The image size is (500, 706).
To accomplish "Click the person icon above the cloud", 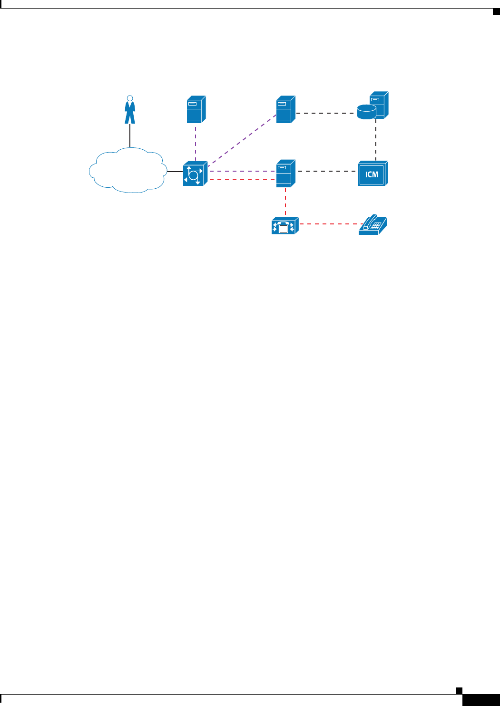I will (x=129, y=110).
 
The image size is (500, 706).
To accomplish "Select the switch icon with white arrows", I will (x=195, y=174).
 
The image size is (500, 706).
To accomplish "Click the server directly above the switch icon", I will (x=196, y=109).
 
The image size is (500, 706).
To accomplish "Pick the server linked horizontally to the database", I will (x=285, y=109).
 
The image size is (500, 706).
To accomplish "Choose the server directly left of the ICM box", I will (x=285, y=173).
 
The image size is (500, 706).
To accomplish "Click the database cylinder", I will (x=366, y=112).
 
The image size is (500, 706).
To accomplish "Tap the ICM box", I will (x=373, y=174).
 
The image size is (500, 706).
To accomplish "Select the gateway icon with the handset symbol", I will (x=284, y=226).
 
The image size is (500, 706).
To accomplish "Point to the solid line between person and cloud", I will (x=130, y=135).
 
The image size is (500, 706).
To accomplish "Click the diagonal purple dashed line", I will (x=243, y=139).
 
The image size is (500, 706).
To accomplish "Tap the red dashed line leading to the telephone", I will (x=328, y=223).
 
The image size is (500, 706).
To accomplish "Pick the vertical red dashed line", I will (x=285, y=202).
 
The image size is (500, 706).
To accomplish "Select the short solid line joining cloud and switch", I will (x=175, y=171).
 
